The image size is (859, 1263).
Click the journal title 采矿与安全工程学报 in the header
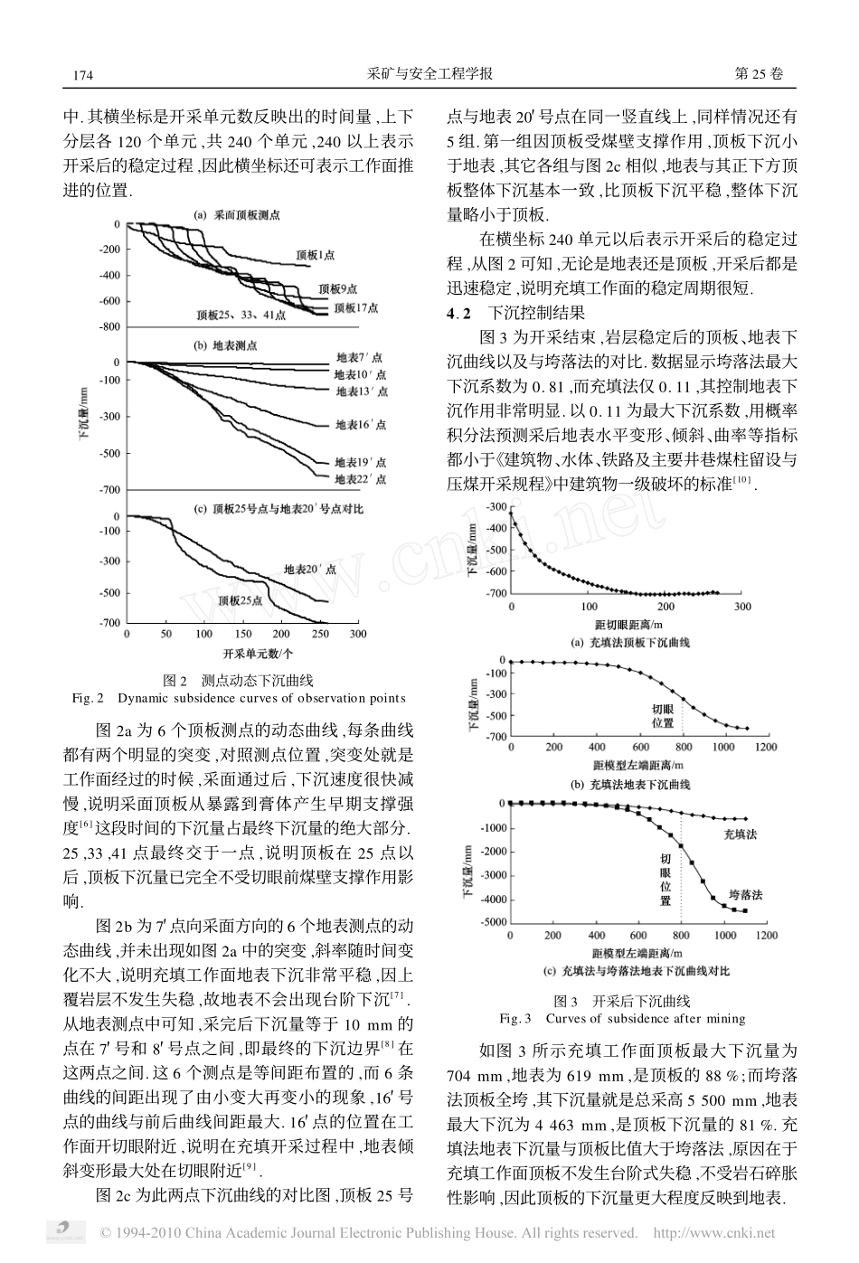tap(429, 74)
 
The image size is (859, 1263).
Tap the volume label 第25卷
tap(759, 74)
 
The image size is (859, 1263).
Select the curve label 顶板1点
tap(316, 255)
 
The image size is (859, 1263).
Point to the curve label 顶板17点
tap(356, 308)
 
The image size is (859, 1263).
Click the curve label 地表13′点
tap(362, 391)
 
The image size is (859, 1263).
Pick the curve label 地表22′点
tap(361, 479)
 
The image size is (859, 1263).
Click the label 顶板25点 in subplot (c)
tap(241, 600)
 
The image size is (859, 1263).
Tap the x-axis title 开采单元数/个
tap(258, 654)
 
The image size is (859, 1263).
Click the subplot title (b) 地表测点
tap(225, 345)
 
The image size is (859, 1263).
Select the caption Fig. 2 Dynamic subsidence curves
tap(239, 698)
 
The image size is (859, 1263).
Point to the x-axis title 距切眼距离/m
tap(629, 625)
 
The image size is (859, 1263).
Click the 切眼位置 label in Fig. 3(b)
tap(663, 716)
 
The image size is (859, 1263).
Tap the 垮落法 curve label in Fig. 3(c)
tap(746, 895)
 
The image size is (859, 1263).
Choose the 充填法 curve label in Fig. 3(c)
tap(740, 834)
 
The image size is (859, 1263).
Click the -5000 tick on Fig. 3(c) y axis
tap(494, 922)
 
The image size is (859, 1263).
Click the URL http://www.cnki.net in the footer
tap(714, 1232)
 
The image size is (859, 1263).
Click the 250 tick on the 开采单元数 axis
tap(320, 634)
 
